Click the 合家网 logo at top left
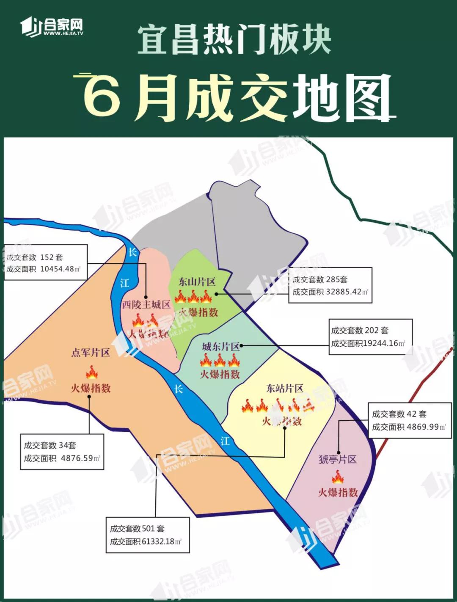(x=52, y=27)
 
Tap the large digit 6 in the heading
(x=102, y=96)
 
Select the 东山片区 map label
(x=197, y=282)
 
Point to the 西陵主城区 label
(x=146, y=304)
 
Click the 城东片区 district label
(x=220, y=347)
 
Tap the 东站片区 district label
(x=284, y=388)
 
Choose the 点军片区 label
(x=91, y=353)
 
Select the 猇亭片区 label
(x=338, y=459)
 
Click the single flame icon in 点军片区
(x=91, y=373)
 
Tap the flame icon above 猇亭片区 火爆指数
(x=337, y=478)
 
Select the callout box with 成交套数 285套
(x=330, y=285)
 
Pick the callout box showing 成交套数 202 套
(x=370, y=337)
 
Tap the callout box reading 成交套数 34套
(x=62, y=452)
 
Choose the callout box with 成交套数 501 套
(x=147, y=535)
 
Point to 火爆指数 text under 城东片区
(x=220, y=374)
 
